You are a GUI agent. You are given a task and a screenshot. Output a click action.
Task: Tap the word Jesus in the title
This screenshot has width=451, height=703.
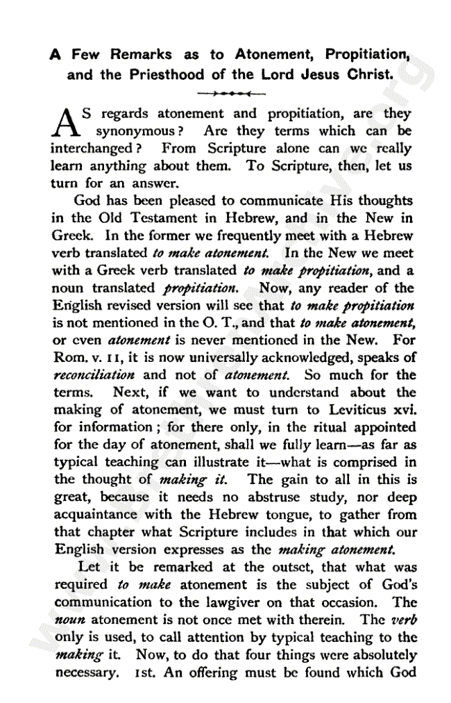click(321, 74)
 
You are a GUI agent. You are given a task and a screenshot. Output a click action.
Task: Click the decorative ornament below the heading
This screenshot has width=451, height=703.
click(231, 92)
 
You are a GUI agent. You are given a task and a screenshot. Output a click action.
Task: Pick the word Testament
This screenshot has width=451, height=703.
click(154, 218)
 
